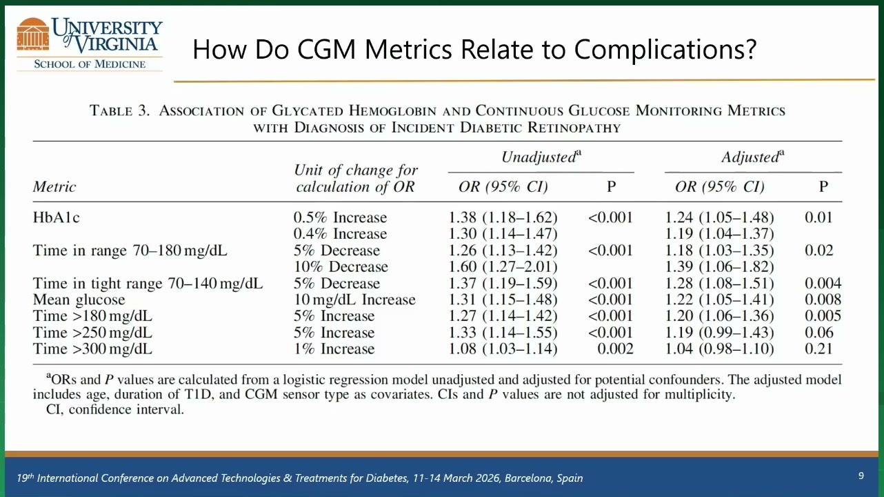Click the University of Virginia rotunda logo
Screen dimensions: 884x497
click(33, 35)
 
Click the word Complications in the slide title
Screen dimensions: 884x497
click(665, 50)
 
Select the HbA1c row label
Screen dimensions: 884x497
click(56, 217)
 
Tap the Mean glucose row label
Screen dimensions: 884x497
click(79, 300)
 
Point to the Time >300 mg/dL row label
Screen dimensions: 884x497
click(92, 349)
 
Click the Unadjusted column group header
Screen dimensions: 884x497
click(541, 157)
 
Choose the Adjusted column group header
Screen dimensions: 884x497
click(753, 157)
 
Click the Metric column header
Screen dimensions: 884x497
click(54, 186)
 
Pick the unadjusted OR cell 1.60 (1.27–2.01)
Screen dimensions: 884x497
click(503, 266)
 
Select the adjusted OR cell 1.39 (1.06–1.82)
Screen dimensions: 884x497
click(719, 266)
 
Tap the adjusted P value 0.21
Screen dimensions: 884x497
click(819, 349)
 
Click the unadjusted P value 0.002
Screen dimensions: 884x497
click(615, 349)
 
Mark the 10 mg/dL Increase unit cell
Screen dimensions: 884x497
click(354, 300)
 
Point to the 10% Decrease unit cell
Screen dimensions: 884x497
click(341, 266)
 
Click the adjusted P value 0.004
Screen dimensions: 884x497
click(823, 283)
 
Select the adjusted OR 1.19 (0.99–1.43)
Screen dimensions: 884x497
click(719, 332)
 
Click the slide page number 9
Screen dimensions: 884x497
click(861, 476)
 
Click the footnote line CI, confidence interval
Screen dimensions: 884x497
click(115, 409)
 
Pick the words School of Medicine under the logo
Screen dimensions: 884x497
click(90, 64)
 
